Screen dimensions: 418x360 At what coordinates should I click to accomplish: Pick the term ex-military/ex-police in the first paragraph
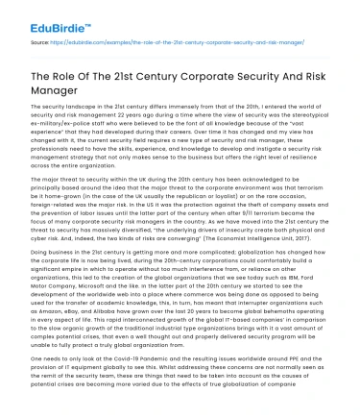pos(56,133)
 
